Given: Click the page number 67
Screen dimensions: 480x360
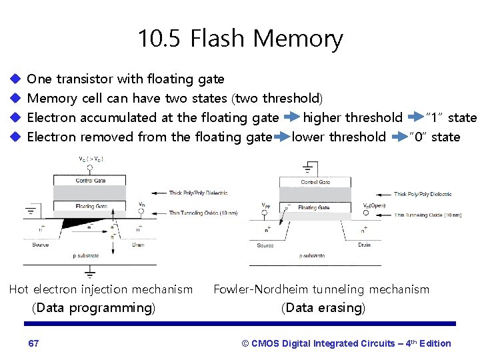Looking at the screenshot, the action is [33, 343].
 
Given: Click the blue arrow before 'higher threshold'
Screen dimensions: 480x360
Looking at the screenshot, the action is [291, 118].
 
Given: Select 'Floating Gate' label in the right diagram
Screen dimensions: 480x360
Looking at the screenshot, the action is [313, 207].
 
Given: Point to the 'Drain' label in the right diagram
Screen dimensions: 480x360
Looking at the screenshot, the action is [364, 245].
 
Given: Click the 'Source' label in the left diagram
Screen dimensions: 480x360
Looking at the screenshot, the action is [40, 245].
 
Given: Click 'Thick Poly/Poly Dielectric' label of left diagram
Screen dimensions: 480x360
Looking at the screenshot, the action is [198, 193].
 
